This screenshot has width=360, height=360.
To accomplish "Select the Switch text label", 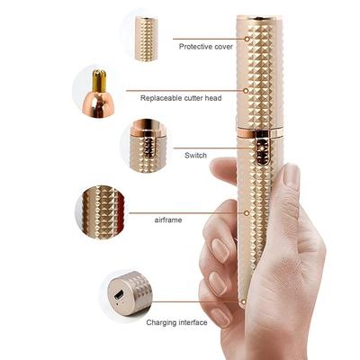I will click(x=195, y=155).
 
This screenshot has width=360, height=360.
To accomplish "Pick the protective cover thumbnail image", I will click(x=146, y=38).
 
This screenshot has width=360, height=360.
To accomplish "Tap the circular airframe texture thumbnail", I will click(x=101, y=212).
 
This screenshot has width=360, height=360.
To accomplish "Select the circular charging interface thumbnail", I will click(x=125, y=294).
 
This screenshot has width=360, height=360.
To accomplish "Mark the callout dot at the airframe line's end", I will click(x=248, y=213).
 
